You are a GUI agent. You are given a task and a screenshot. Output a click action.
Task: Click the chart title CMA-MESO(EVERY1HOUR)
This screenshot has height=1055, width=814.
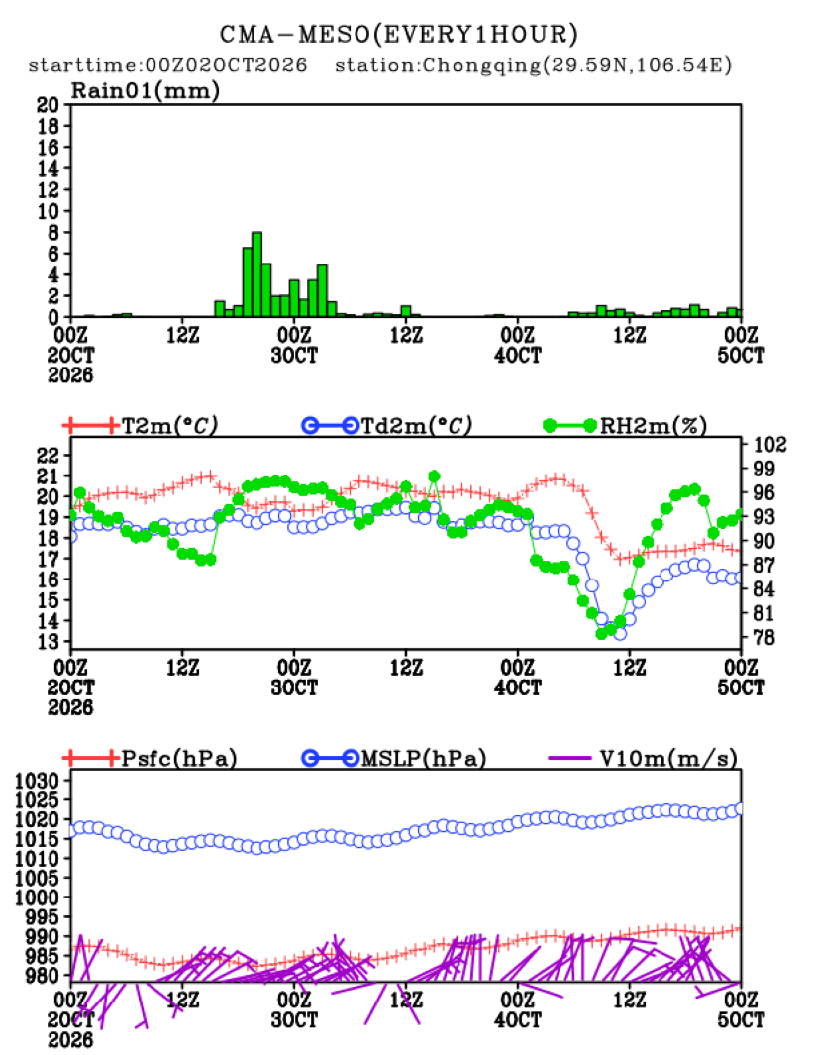399,34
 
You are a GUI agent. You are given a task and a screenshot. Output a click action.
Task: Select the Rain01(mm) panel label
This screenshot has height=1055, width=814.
146,90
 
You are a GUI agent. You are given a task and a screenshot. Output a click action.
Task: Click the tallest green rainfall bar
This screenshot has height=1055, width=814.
256,274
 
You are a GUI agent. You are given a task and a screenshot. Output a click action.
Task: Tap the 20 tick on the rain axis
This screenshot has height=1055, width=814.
48,104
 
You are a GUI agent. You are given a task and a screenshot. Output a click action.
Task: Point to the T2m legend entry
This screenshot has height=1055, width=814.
140,425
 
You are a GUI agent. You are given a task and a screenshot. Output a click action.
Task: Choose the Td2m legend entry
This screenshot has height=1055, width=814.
387,425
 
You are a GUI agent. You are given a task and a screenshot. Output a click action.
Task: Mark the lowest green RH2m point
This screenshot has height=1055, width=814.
601,633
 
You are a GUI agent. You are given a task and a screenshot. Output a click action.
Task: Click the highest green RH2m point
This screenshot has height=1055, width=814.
434,476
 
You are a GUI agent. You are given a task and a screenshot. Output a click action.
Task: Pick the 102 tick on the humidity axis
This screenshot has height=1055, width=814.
768,444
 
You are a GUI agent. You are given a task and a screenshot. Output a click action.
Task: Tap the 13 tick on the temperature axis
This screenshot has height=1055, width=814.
48,641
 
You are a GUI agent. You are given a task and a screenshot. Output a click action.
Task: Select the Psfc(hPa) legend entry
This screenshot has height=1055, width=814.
150,758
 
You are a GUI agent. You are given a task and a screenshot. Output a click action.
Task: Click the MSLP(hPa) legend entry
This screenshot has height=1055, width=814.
394,758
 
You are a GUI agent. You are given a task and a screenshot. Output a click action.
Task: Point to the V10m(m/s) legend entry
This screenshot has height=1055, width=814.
643,758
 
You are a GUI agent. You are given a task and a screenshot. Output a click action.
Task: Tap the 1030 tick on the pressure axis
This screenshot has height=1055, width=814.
37,781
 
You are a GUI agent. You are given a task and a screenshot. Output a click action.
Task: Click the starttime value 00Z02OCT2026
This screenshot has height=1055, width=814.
226,65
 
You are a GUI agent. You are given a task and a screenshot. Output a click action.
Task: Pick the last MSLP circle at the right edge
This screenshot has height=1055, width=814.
740,808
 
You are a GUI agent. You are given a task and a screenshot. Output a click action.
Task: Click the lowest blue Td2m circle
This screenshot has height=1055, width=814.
620,633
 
